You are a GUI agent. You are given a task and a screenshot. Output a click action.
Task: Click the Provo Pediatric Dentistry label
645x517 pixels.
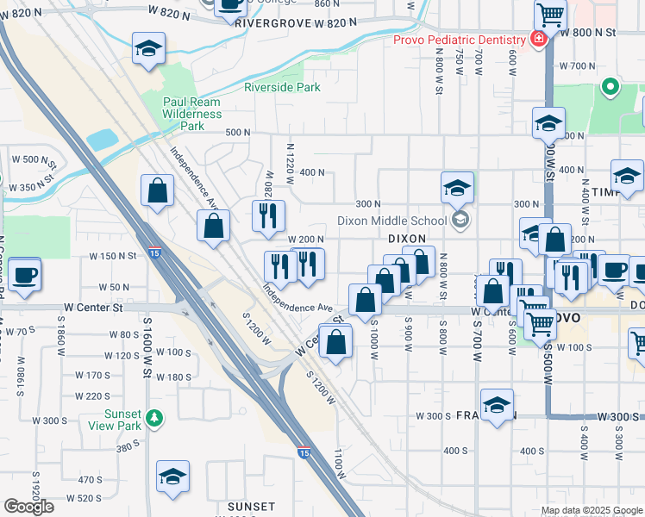pyautogui.click(x=460, y=40)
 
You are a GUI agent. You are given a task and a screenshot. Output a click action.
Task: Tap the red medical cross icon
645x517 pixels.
pyautogui.click(x=538, y=40)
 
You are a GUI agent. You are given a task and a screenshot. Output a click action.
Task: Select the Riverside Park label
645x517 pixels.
pyautogui.click(x=282, y=87)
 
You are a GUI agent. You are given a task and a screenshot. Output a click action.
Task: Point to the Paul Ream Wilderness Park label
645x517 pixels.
pyautogui.click(x=193, y=114)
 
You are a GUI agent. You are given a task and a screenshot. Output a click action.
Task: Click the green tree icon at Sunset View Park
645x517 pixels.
pyautogui.click(x=154, y=418)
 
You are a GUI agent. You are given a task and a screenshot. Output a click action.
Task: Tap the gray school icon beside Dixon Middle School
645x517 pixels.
pyautogui.click(x=460, y=221)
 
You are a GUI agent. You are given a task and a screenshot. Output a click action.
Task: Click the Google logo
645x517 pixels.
pyautogui.click(x=28, y=507)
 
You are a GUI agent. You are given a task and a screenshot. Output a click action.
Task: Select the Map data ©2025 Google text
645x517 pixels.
pyautogui.click(x=592, y=510)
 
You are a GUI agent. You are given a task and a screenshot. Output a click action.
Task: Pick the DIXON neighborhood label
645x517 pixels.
pyautogui.click(x=408, y=238)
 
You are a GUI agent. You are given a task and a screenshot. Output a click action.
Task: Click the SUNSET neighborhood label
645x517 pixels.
pyautogui.click(x=251, y=506)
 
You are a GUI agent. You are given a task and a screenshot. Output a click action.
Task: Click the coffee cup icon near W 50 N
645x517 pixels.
pyautogui.click(x=26, y=275)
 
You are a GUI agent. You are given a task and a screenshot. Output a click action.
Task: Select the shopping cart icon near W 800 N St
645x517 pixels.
pyautogui.click(x=550, y=16)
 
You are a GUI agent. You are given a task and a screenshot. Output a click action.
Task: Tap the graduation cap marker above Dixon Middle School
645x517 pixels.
pyautogui.click(x=457, y=186)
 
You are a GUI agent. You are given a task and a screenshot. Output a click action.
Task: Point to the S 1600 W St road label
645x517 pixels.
pyautogui.click(x=147, y=344)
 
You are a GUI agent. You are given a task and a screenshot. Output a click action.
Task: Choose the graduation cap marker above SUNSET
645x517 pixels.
pyautogui.click(x=172, y=476)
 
